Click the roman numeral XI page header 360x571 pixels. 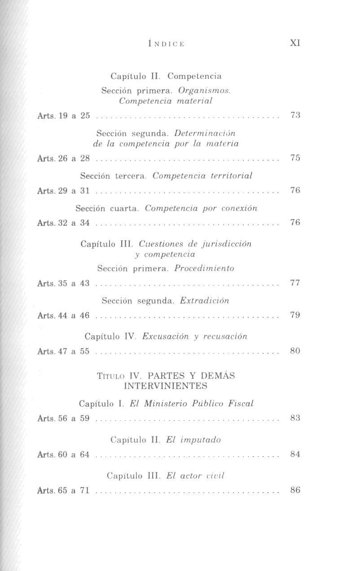point(295,43)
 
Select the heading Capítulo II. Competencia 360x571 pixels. point(166,76)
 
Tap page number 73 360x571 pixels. point(295,115)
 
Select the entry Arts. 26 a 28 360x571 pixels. point(64,158)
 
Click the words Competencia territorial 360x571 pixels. point(202,176)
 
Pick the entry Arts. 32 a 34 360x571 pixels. point(64,223)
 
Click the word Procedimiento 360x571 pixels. point(204,268)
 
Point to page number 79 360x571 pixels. point(295,315)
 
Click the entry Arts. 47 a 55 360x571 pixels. point(64,351)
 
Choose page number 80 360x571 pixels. point(295,350)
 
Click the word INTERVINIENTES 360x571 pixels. point(166,386)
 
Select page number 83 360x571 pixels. point(295,418)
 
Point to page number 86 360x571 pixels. point(295,490)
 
